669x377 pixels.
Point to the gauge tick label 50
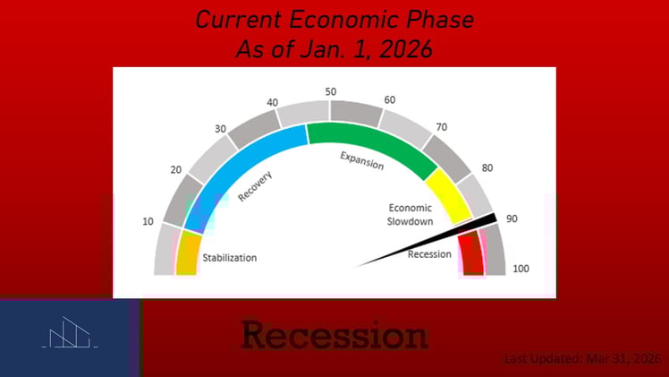tap(330, 91)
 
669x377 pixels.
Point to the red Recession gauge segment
tap(471, 255)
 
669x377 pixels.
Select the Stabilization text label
tap(229, 258)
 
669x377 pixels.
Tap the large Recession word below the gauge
tap(334, 336)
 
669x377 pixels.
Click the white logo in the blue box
tap(70, 335)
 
